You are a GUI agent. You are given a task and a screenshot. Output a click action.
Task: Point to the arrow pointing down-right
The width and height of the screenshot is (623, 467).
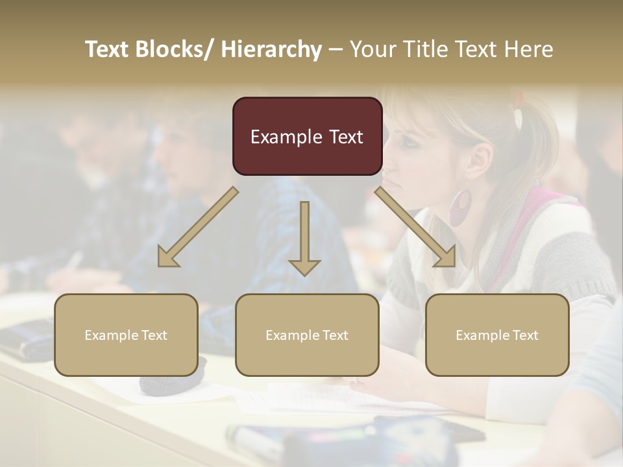[416, 227]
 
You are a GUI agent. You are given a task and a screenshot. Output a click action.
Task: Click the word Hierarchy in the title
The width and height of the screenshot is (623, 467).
[271, 49]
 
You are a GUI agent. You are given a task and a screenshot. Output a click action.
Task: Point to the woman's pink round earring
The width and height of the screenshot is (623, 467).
[460, 208]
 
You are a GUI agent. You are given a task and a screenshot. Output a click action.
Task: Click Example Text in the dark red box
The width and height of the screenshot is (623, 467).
[307, 137]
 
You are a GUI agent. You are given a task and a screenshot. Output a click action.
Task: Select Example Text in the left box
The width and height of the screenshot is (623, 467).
[126, 335]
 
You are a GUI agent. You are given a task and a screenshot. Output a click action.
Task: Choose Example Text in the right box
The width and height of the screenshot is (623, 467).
[497, 335]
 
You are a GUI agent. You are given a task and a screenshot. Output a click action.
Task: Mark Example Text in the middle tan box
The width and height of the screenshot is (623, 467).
[307, 335]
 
